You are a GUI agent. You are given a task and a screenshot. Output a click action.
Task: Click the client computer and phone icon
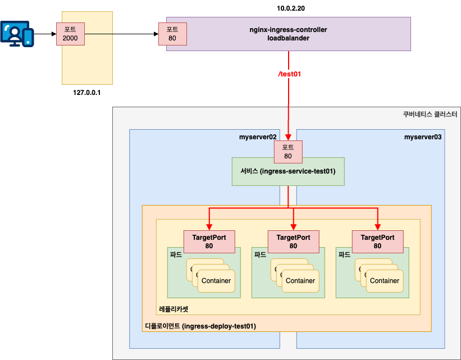point(17,33)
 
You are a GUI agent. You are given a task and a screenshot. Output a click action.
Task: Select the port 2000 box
point(70,34)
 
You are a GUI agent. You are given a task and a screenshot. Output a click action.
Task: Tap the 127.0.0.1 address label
point(86,92)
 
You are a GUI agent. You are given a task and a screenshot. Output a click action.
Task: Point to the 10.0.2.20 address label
point(288,9)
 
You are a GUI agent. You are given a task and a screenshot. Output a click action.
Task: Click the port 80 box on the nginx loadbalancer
point(172,34)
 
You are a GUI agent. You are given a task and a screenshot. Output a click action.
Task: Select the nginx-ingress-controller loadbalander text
point(288,34)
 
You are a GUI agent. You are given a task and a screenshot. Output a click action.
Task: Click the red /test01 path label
point(290,74)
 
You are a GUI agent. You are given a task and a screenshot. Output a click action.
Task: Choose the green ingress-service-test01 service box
point(288,171)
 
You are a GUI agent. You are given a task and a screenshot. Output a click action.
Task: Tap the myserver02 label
point(258,136)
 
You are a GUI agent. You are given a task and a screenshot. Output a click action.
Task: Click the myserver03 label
point(423,136)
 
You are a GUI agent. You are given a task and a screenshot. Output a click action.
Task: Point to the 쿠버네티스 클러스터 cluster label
point(430,113)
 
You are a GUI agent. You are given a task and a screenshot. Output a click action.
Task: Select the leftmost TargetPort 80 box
point(209,241)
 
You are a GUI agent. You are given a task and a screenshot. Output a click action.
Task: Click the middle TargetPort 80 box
point(293,241)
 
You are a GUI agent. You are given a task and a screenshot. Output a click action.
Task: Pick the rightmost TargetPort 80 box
point(377,241)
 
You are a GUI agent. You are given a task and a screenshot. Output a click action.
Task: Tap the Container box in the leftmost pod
point(216,281)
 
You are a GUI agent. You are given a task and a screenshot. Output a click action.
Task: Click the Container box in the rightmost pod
point(385,281)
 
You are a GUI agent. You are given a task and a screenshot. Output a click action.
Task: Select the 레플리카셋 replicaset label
point(174,309)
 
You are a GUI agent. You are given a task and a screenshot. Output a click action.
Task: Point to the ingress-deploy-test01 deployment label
point(200,326)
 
